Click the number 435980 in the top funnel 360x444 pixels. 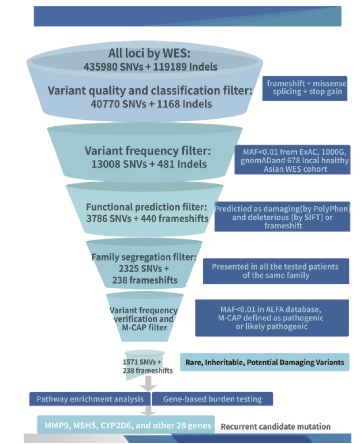(x=100, y=67)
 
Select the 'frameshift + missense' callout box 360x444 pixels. (x=305, y=88)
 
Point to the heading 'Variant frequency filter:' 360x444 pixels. (x=148, y=150)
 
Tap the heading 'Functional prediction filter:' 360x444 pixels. (x=147, y=207)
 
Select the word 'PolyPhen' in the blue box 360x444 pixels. (x=333, y=209)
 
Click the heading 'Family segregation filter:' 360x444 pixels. (x=144, y=257)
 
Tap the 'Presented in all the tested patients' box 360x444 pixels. (x=276, y=271)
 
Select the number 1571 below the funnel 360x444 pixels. (x=131, y=362)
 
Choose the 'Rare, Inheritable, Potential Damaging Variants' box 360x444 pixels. (x=265, y=362)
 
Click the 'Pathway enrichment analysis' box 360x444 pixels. (x=90, y=399)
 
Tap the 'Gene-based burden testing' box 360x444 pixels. (x=212, y=399)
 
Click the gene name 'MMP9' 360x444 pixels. (x=57, y=426)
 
